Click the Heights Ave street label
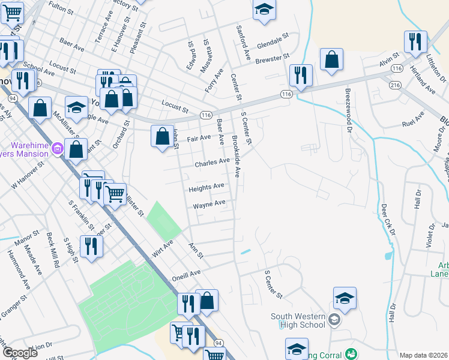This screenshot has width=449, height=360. tap(206, 187)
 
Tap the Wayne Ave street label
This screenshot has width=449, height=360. tap(209, 205)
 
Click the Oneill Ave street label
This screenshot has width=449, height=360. tap(185, 274)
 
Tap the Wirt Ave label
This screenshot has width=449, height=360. tap(162, 248)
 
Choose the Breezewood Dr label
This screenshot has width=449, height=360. tap(348, 109)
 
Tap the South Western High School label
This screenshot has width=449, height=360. tap(298, 321)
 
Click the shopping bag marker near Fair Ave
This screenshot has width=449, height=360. tap(162, 136)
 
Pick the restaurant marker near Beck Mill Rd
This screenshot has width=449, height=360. tap(91, 246)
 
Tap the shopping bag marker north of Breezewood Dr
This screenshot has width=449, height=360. tap(331, 59)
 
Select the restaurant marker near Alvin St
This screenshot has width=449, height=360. tap(415, 41)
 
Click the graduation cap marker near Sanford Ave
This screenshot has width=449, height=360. tap(264, 10)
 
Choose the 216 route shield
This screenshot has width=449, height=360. tap(394, 86)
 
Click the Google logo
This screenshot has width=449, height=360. tap(20, 353)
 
